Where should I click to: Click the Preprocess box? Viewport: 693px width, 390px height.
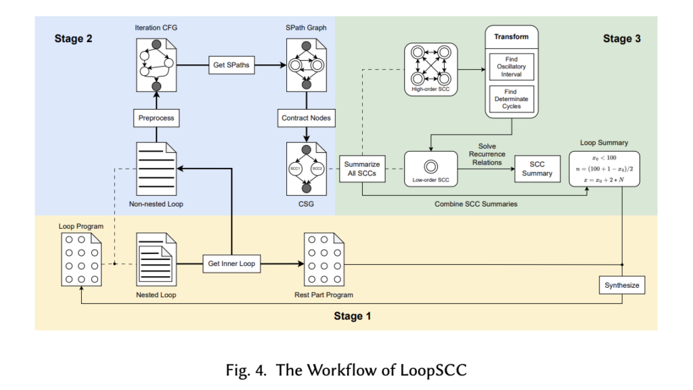click(x=156, y=118)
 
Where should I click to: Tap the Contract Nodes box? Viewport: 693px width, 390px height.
click(x=307, y=118)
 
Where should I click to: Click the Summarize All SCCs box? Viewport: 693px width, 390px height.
click(x=362, y=169)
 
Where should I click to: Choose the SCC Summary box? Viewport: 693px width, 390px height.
click(x=537, y=169)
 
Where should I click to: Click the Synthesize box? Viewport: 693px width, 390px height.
click(x=622, y=286)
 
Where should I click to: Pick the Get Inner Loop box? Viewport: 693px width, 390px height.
click(x=232, y=263)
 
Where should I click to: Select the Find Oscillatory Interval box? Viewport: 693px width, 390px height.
click(x=511, y=66)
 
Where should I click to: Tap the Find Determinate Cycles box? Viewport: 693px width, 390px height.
click(x=511, y=99)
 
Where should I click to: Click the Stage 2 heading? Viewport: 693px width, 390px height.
click(x=74, y=39)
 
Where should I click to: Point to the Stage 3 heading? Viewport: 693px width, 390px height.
click(x=621, y=39)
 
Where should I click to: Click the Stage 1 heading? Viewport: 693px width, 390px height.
click(x=352, y=316)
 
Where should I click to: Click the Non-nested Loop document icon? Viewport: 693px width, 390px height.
click(x=156, y=165)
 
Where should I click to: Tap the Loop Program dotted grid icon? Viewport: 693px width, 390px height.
click(x=81, y=259)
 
